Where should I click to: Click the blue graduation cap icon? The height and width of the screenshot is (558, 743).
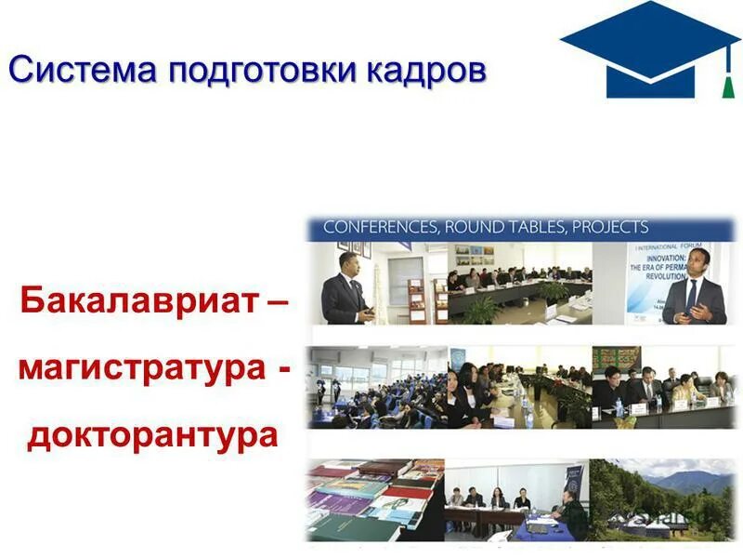(x=650, y=46)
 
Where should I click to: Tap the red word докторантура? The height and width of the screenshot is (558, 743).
(x=152, y=434)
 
